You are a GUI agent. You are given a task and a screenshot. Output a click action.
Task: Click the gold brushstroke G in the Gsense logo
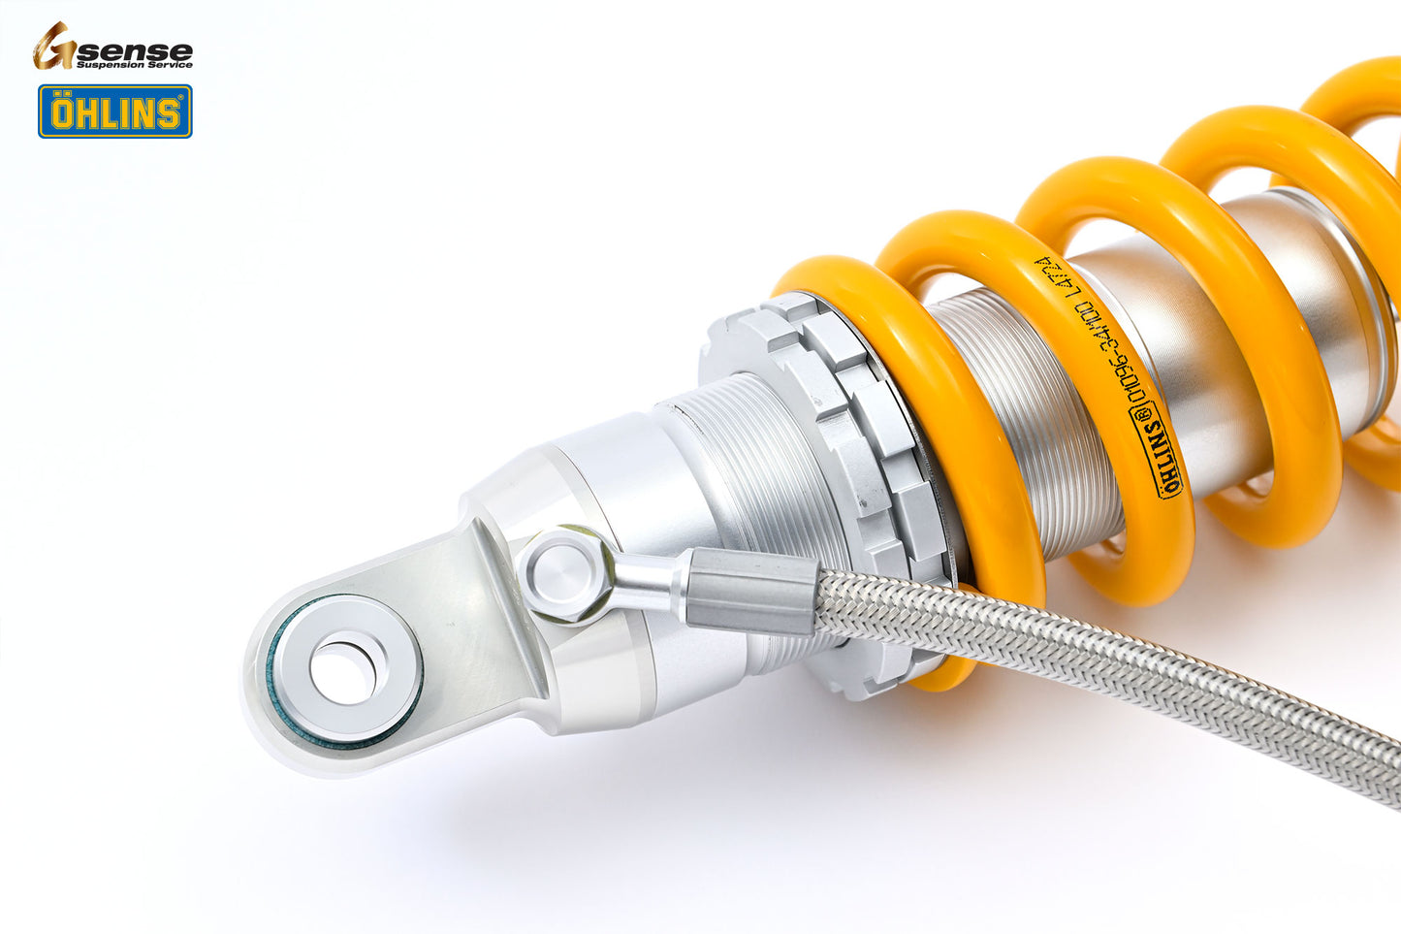pos(53,47)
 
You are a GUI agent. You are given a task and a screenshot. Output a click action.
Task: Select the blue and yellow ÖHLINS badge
pos(114,112)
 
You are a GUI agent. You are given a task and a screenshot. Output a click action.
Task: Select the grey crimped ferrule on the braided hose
pos(751,591)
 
